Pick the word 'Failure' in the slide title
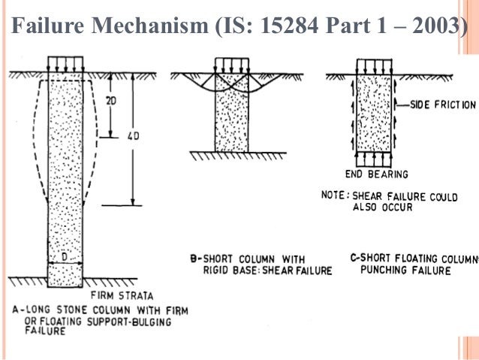(x=46, y=26)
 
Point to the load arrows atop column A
(x=67, y=62)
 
